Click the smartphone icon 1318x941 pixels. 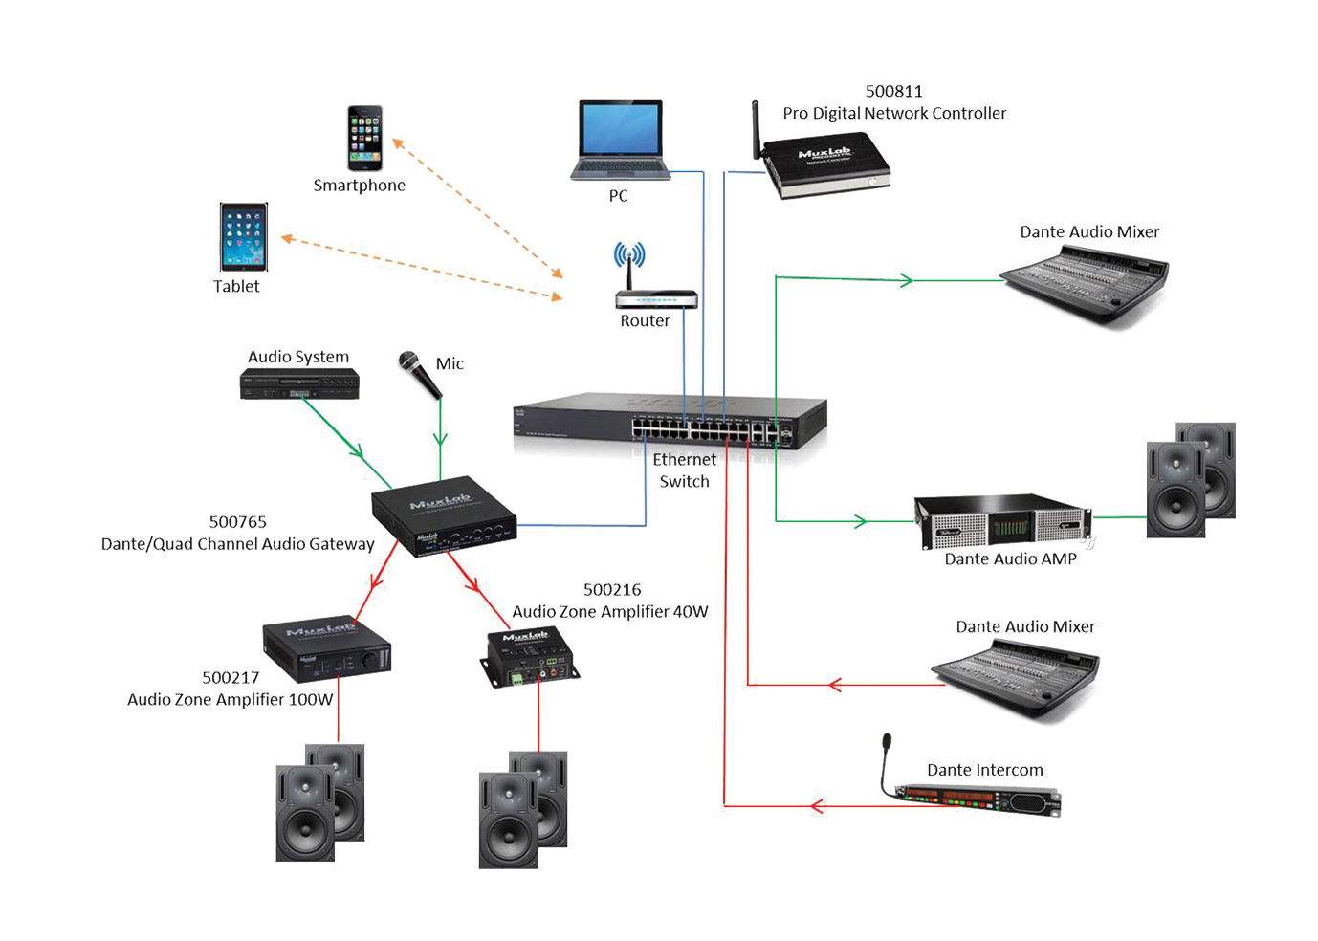[364, 139]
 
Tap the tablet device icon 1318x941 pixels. [243, 237]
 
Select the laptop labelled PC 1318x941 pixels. [620, 140]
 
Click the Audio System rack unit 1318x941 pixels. [299, 384]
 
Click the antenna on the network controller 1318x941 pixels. [756, 129]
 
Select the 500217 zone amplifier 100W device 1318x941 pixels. [326, 647]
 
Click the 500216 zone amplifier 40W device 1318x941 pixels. [528, 657]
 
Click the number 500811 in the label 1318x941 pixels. [893, 92]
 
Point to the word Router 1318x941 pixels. [645, 321]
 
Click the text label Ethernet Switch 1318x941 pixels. [685, 470]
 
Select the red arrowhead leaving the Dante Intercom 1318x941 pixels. [816, 806]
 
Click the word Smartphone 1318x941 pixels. [359, 186]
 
